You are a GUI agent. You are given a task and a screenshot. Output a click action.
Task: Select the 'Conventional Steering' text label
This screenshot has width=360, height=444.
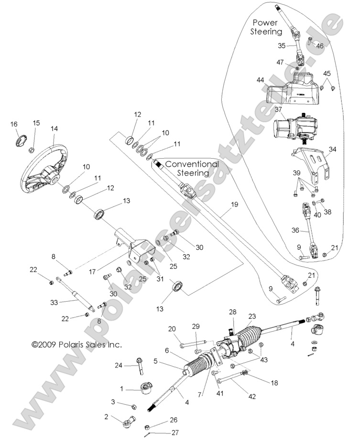(192, 168)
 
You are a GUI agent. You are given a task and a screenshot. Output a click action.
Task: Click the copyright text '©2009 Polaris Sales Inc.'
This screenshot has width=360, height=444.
(76, 343)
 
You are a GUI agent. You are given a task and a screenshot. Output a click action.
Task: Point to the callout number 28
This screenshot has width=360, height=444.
(232, 311)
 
